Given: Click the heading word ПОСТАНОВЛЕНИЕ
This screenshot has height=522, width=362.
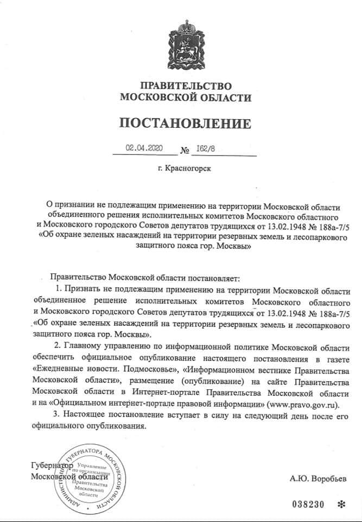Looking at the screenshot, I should tap(186, 123).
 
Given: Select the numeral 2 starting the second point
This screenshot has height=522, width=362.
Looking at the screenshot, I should tap(56, 347).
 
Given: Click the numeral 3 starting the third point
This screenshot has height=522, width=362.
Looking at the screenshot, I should tap(56, 415).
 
